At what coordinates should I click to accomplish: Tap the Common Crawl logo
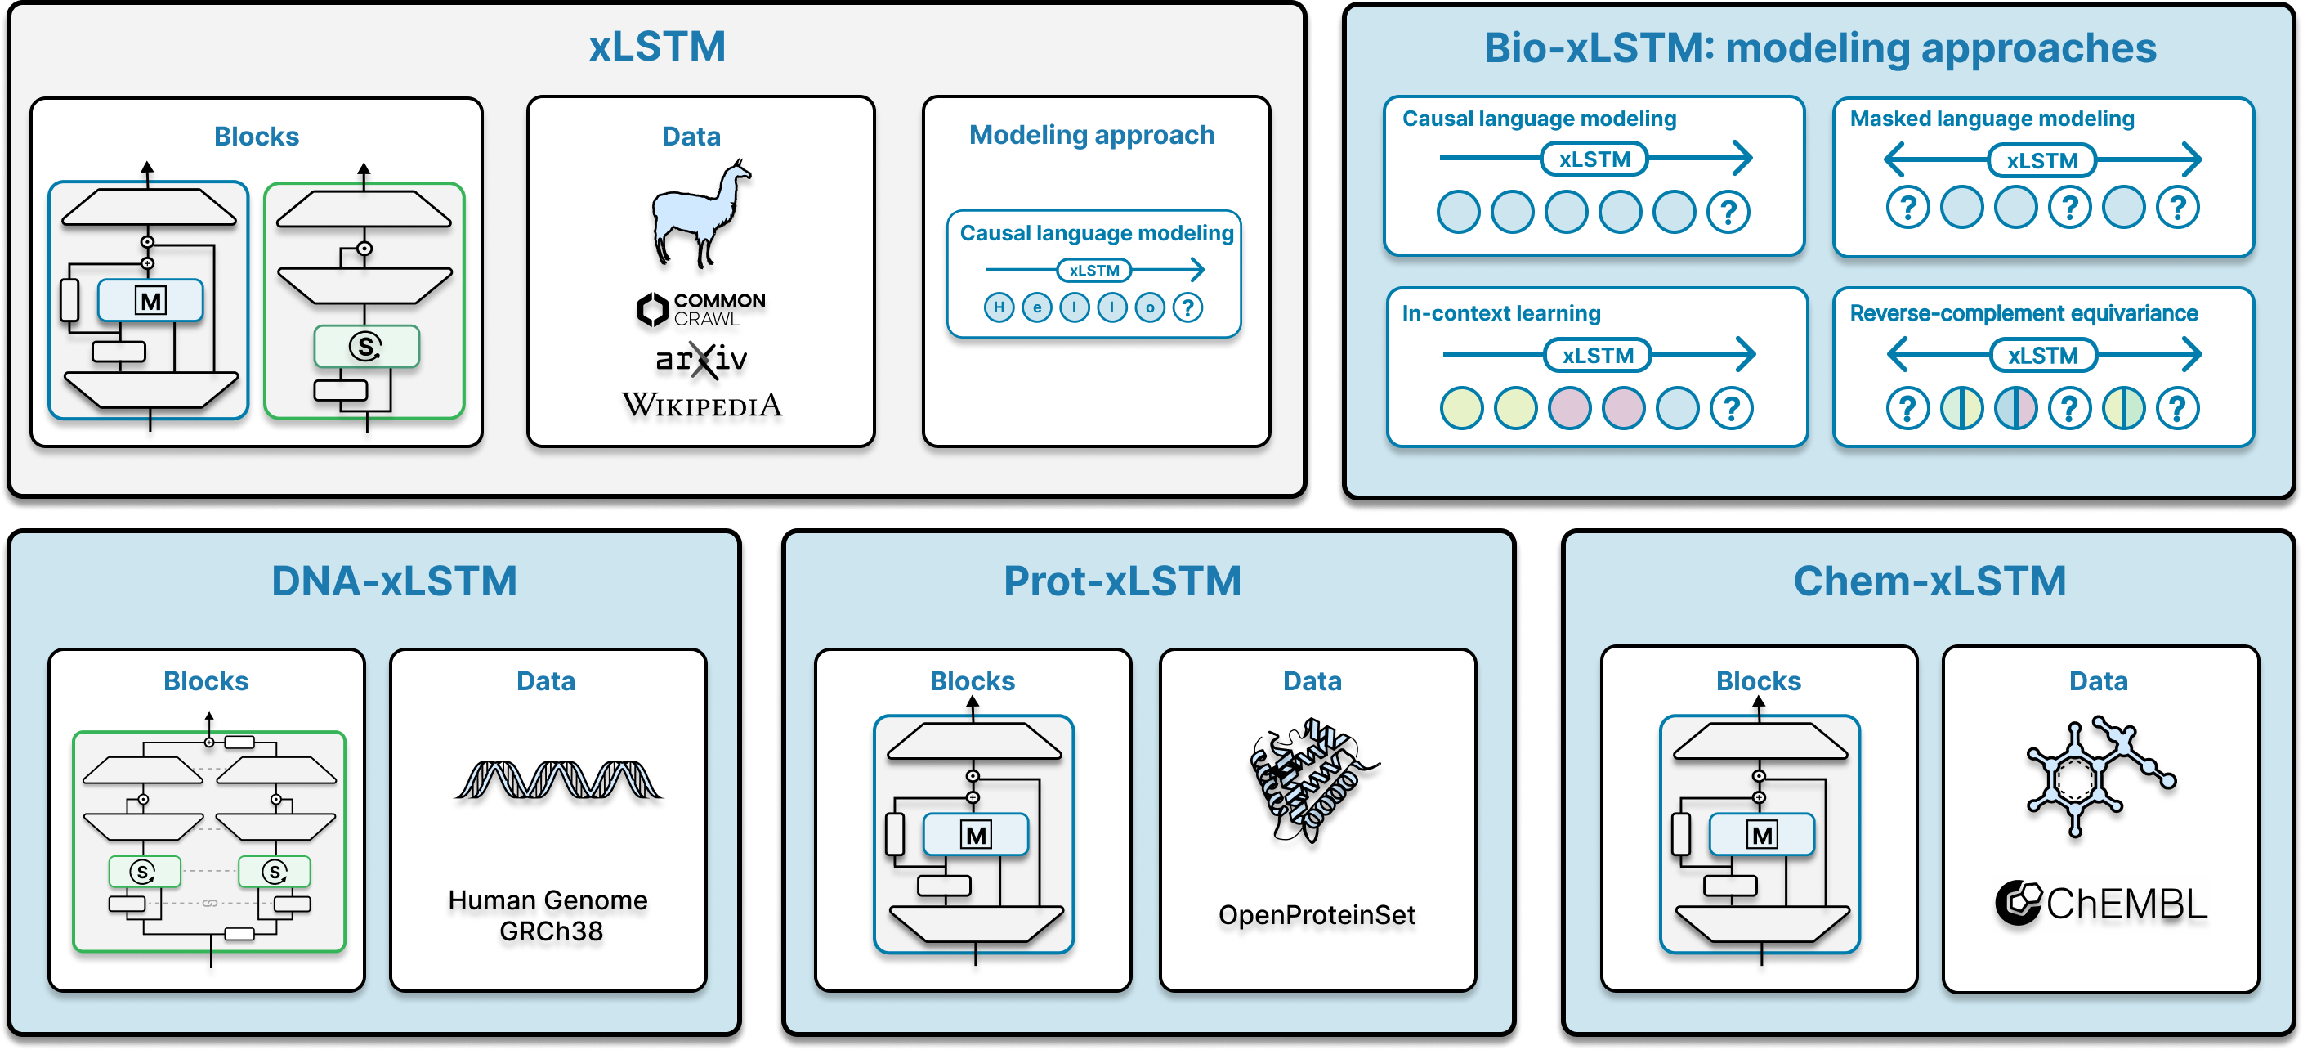702,309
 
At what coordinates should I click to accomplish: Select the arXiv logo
702,360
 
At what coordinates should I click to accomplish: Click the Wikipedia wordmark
702,405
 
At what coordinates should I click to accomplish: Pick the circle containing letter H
999,307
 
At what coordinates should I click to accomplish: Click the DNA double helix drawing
559,780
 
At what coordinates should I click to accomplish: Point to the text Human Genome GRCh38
549,915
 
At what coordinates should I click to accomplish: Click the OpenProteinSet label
1317,915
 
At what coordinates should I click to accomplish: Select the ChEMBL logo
2101,904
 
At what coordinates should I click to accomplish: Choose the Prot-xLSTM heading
1122,581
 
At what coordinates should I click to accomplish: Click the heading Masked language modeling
1992,119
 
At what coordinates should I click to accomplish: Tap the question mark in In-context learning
1732,409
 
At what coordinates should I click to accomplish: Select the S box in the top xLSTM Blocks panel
365,346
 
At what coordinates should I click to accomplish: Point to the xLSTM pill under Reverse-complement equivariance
2043,356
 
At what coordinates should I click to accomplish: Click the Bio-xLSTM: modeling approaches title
1820,48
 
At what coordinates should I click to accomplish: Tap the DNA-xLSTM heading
394,581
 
